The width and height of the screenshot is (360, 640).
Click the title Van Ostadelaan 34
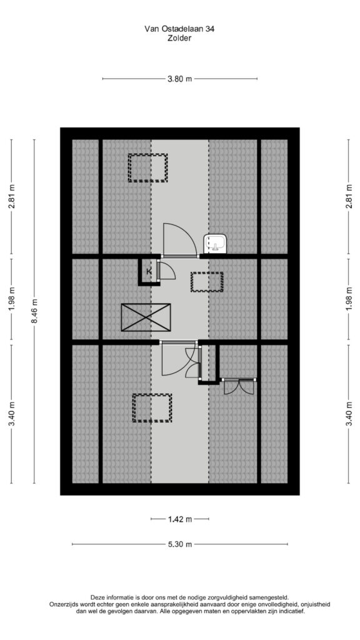(x=179, y=29)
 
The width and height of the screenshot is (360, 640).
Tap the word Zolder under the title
(x=179, y=39)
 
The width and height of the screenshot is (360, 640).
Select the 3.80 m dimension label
(x=179, y=79)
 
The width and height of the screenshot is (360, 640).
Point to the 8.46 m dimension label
(x=35, y=311)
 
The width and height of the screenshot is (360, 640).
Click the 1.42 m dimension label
(x=180, y=519)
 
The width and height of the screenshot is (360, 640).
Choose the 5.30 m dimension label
(x=180, y=544)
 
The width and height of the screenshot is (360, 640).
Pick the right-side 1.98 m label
(x=349, y=299)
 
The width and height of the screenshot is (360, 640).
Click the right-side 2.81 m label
(x=349, y=196)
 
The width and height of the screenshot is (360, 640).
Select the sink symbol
(x=215, y=244)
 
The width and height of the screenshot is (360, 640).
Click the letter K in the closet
(x=149, y=271)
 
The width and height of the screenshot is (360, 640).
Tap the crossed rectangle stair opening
(x=146, y=317)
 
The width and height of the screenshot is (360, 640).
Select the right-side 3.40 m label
(x=349, y=414)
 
